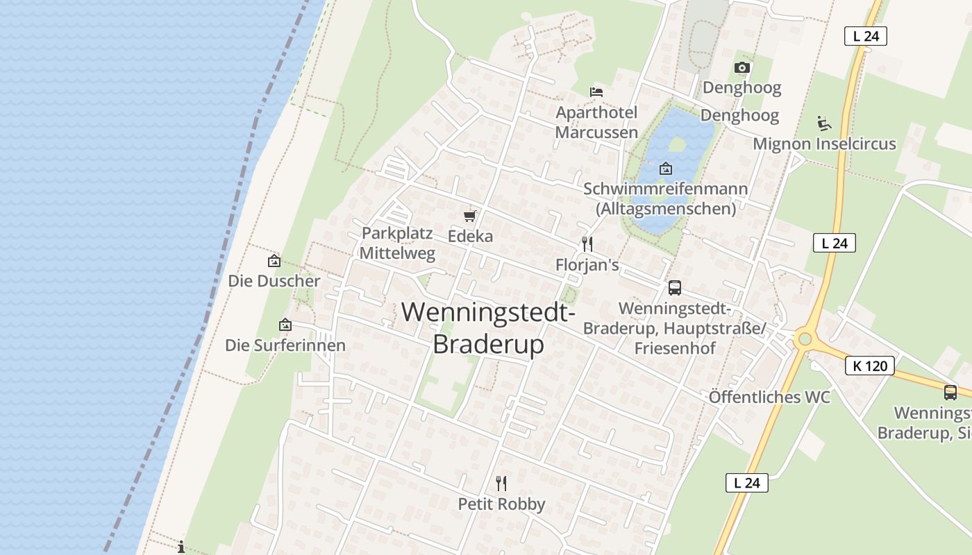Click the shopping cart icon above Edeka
coord(470,216)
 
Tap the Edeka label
coord(470,236)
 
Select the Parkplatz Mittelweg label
coord(397,243)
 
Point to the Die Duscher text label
coord(274,281)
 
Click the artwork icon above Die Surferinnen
coord(285,325)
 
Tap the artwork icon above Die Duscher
coord(274,262)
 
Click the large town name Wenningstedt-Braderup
coord(488,327)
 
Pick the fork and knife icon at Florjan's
coord(587,244)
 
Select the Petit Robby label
coord(501,504)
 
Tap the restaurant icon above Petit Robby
coord(501,483)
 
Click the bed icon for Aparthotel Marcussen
coord(596,92)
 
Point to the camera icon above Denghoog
coord(742,67)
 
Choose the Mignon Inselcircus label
coord(824,144)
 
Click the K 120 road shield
coord(869,366)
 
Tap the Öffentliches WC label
coord(769,398)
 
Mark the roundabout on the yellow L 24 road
coord(805,339)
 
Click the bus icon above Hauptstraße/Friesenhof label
coord(674,288)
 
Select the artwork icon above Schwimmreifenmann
coord(666,168)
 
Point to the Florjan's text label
coord(587,265)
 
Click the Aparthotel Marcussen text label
coord(596,122)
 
